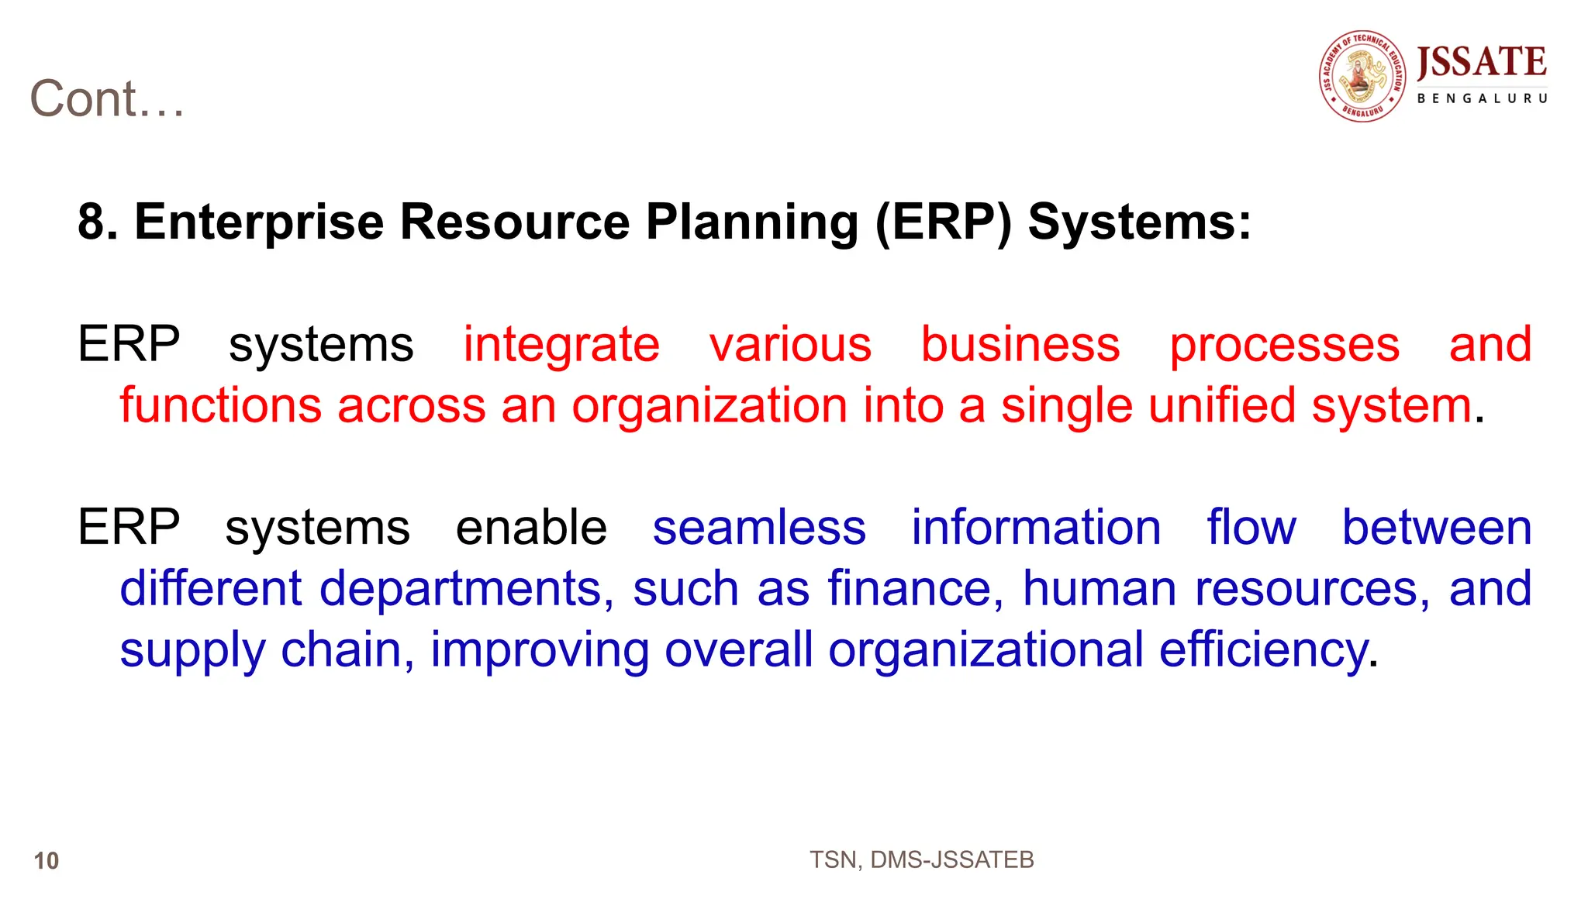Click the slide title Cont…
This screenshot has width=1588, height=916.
(x=107, y=99)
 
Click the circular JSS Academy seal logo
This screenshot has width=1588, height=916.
(x=1362, y=76)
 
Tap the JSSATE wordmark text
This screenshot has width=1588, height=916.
(x=1481, y=62)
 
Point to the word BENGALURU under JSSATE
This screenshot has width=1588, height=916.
(x=1482, y=98)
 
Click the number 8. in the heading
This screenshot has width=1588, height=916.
(x=98, y=222)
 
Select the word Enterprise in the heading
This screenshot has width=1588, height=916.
(x=259, y=222)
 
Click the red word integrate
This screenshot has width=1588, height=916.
(x=561, y=346)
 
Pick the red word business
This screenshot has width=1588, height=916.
(x=1020, y=344)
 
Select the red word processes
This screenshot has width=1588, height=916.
(x=1284, y=346)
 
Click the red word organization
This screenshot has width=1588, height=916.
(x=709, y=407)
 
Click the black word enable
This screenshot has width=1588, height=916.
(x=531, y=528)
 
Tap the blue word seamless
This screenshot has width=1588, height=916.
(x=759, y=528)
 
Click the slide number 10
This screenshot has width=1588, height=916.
(x=47, y=860)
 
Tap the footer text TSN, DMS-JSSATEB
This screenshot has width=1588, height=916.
(x=921, y=859)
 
